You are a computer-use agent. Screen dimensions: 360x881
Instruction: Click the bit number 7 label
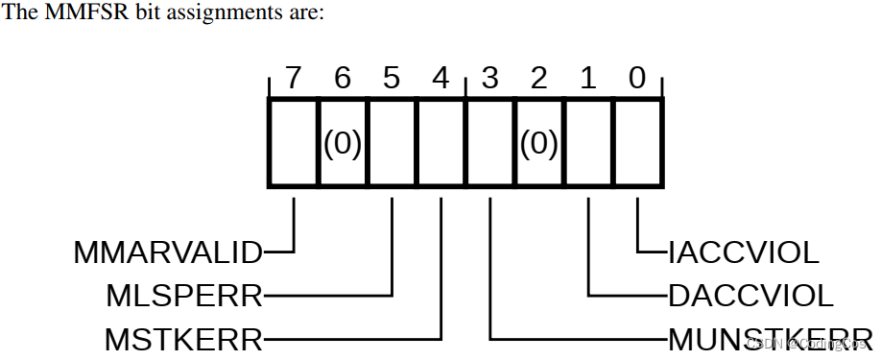293,79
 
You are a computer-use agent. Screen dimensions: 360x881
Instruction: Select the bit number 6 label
343,79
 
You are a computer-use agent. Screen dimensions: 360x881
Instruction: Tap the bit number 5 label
392,79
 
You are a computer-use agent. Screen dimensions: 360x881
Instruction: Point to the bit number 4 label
440,79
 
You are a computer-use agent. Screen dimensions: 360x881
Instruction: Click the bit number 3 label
490,79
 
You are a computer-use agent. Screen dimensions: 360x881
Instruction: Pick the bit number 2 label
539,79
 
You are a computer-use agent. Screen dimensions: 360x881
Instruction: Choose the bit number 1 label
588,79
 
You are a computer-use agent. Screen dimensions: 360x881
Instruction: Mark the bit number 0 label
637,79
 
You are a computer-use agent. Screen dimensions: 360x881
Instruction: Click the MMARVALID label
167,253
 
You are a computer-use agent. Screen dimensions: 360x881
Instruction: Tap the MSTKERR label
183,339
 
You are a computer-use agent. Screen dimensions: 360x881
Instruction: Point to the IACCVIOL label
744,253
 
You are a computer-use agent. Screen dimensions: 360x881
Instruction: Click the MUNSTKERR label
768,339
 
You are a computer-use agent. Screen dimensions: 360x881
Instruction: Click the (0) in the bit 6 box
343,144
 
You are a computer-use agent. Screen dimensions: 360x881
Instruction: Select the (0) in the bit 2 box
539,144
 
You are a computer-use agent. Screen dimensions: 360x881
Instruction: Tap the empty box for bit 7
293,144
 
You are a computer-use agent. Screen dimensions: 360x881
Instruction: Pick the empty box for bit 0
637,144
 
